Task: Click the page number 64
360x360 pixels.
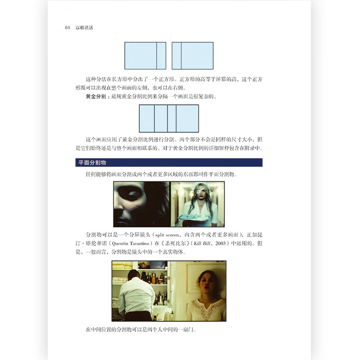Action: pos(67,28)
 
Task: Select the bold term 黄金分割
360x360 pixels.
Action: pos(96,96)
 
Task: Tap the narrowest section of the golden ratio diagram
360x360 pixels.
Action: pos(171,118)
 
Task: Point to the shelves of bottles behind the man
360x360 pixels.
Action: pos(157,279)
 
